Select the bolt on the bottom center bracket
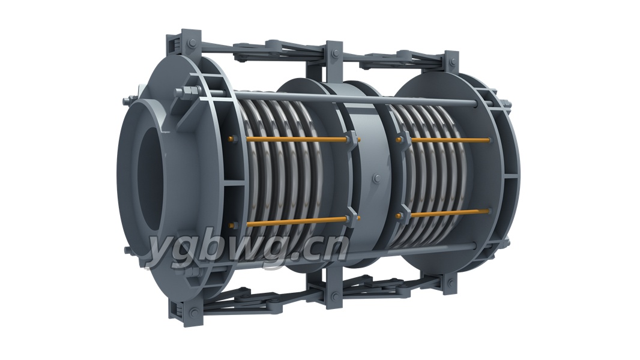click(334, 296)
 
